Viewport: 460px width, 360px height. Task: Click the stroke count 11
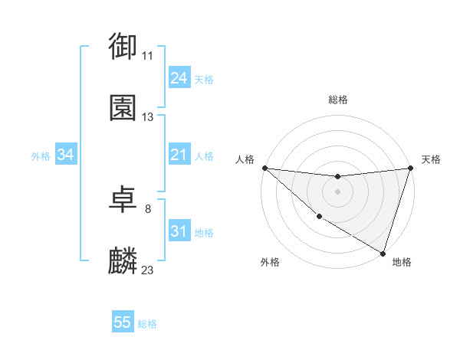tap(148, 56)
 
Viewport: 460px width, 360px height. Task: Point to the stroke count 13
tap(148, 118)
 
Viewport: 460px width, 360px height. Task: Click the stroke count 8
tap(148, 208)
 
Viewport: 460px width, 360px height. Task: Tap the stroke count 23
tap(148, 270)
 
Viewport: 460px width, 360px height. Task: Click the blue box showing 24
tap(179, 78)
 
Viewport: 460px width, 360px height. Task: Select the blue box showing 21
tap(179, 155)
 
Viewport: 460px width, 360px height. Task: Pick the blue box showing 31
tap(179, 231)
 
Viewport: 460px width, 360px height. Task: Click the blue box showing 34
tap(66, 155)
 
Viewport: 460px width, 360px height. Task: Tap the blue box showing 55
tap(123, 322)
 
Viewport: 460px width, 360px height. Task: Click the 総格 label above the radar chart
tap(338, 100)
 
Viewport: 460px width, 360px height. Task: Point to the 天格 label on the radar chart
tap(432, 159)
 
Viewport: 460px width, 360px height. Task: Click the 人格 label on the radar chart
tap(245, 159)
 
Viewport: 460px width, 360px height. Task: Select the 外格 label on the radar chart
tap(270, 262)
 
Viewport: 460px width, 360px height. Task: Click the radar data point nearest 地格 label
tap(383, 253)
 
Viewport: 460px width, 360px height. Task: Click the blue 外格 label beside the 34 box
tap(41, 156)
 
